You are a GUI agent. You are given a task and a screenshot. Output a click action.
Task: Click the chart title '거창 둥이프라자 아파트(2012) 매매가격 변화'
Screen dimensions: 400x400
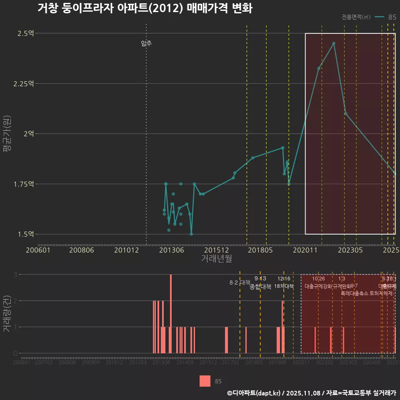click(145, 8)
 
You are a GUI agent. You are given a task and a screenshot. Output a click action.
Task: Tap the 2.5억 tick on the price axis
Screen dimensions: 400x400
click(25, 33)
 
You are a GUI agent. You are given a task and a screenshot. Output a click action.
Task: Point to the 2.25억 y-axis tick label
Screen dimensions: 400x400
click(23, 84)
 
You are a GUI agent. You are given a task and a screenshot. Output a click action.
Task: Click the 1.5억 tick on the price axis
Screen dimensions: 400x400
click(25, 234)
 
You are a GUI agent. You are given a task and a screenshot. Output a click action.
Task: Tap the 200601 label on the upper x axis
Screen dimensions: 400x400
click(38, 250)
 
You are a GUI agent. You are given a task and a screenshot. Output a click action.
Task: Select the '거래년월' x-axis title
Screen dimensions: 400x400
click(216, 259)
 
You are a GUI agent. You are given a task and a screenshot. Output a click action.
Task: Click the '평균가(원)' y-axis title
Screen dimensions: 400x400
click(7, 134)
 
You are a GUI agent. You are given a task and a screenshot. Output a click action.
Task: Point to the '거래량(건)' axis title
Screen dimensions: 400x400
click(7, 314)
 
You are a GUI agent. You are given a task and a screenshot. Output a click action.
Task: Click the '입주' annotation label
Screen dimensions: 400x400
click(146, 43)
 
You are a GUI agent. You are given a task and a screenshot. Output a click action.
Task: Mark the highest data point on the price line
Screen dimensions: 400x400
click(334, 43)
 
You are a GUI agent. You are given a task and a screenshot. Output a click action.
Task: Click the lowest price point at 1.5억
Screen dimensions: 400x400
click(191, 234)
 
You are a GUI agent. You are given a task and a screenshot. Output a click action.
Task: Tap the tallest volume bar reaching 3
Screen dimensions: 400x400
click(171, 313)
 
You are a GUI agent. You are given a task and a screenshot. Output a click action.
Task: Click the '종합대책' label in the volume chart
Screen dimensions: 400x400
click(260, 287)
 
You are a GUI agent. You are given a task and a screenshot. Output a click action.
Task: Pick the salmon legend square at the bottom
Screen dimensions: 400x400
click(205, 381)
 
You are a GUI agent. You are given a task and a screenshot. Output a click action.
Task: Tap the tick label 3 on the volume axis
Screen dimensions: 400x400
click(15, 275)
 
